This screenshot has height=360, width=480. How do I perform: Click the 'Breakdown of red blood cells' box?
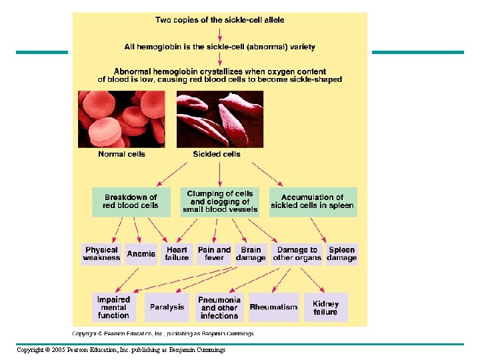131,202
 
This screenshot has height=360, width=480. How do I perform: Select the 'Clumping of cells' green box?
220,202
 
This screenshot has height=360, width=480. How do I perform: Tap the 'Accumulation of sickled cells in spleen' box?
313,202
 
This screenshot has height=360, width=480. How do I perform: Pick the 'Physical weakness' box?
101,254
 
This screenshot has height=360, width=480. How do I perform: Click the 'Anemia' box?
141,254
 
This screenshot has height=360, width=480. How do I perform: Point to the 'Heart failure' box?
177,254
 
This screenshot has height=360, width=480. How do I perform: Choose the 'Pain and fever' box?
214,254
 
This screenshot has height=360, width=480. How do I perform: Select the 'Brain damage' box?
251,254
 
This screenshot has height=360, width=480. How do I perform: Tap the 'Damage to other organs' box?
297,254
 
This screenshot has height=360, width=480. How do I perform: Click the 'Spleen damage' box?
341,254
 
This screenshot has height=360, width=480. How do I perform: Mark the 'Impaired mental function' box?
114,307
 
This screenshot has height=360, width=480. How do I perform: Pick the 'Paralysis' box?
167,307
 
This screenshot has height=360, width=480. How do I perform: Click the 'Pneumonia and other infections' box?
219,307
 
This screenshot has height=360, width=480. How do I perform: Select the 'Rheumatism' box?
274,307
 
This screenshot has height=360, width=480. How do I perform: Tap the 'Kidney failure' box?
326,307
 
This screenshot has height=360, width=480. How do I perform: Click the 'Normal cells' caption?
121,154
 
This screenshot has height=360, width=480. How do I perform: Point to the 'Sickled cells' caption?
217,154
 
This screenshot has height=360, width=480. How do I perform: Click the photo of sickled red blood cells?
220,119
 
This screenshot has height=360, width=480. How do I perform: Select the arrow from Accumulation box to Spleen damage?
318,230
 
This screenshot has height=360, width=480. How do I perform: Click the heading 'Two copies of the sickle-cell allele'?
220,20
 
